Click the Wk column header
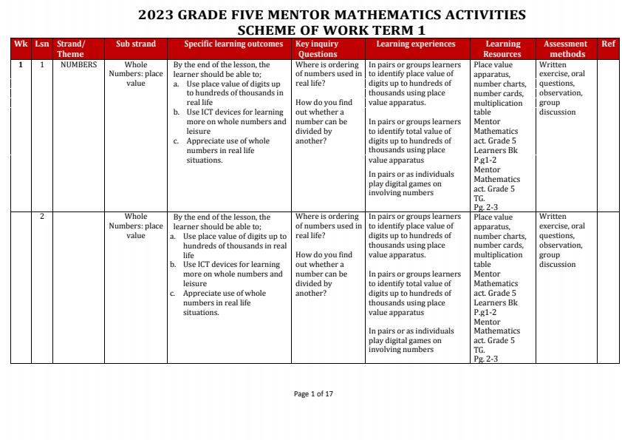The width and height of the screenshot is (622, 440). pos(20,44)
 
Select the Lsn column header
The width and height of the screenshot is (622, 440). pos(42,44)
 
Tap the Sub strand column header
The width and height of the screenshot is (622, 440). pos(136,44)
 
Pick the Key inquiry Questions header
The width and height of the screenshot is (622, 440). pos(317,49)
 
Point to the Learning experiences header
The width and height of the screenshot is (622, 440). pos(417,44)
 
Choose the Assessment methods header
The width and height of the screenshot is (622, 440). pos(566,49)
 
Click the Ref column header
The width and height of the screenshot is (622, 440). pos(608,44)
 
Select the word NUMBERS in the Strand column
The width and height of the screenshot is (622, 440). pos(78,65)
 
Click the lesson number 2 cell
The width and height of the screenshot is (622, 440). pos(42,217)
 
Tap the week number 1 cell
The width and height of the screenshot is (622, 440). pos(21,65)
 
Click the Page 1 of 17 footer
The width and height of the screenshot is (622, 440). pos(313,394)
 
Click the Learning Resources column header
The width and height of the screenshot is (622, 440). pos(502,49)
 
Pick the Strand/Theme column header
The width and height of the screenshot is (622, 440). pos(71,49)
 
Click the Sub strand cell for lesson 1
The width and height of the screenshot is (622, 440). pos(136,74)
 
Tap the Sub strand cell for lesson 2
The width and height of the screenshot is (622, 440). pos(136,226)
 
